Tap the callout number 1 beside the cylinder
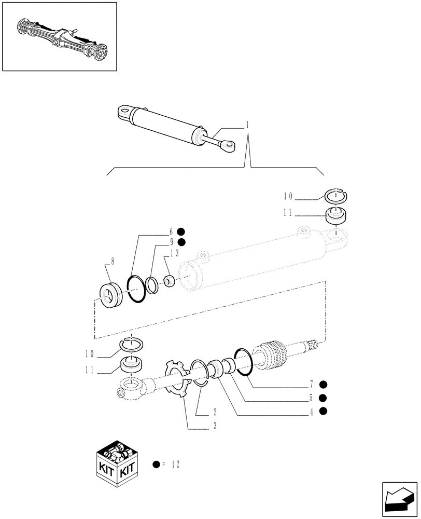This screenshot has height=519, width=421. pos(247,125)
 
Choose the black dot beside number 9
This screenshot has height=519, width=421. pos(181,242)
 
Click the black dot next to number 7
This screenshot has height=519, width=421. pos(323,385)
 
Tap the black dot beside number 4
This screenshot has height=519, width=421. pos(323,411)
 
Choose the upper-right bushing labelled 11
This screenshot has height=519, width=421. pos(336,214)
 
